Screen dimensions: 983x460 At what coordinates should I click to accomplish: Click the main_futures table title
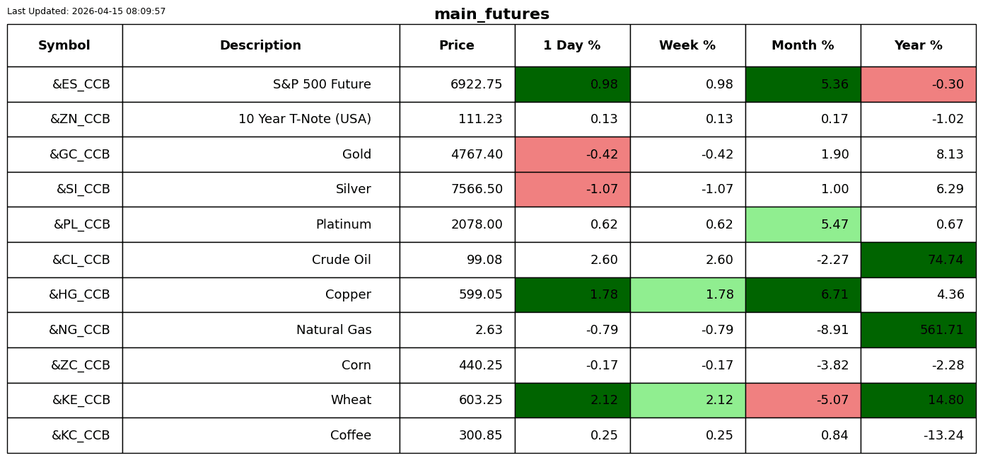point(491,14)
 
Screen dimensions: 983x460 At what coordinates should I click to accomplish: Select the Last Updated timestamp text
point(86,11)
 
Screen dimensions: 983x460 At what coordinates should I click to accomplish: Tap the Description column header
point(261,45)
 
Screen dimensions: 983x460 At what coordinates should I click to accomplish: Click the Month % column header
point(803,45)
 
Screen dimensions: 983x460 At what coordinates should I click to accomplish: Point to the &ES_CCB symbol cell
point(65,84)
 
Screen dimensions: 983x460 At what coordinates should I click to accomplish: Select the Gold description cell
point(261,154)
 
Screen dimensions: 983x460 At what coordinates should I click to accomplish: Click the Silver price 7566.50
point(477,189)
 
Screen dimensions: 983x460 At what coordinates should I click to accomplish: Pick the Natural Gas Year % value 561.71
point(941,330)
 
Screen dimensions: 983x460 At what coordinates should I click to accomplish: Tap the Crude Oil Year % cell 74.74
point(919,260)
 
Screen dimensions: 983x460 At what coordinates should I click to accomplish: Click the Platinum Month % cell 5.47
point(803,224)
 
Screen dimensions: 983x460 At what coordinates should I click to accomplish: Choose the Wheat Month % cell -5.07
point(803,400)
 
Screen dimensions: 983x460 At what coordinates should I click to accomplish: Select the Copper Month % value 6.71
point(834,294)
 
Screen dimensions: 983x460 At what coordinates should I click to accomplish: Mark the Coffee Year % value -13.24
point(943,435)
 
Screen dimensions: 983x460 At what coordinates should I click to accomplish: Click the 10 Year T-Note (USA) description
point(305,119)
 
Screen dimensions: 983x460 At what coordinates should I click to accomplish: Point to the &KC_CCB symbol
point(81,435)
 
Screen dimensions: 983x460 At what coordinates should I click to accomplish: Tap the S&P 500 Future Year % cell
point(919,84)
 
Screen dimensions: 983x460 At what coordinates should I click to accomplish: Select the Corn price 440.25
point(480,365)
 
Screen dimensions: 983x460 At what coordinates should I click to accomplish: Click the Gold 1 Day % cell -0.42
point(573,154)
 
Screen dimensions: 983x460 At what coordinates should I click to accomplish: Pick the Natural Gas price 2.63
point(489,330)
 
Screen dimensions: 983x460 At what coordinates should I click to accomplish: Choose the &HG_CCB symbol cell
point(65,294)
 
